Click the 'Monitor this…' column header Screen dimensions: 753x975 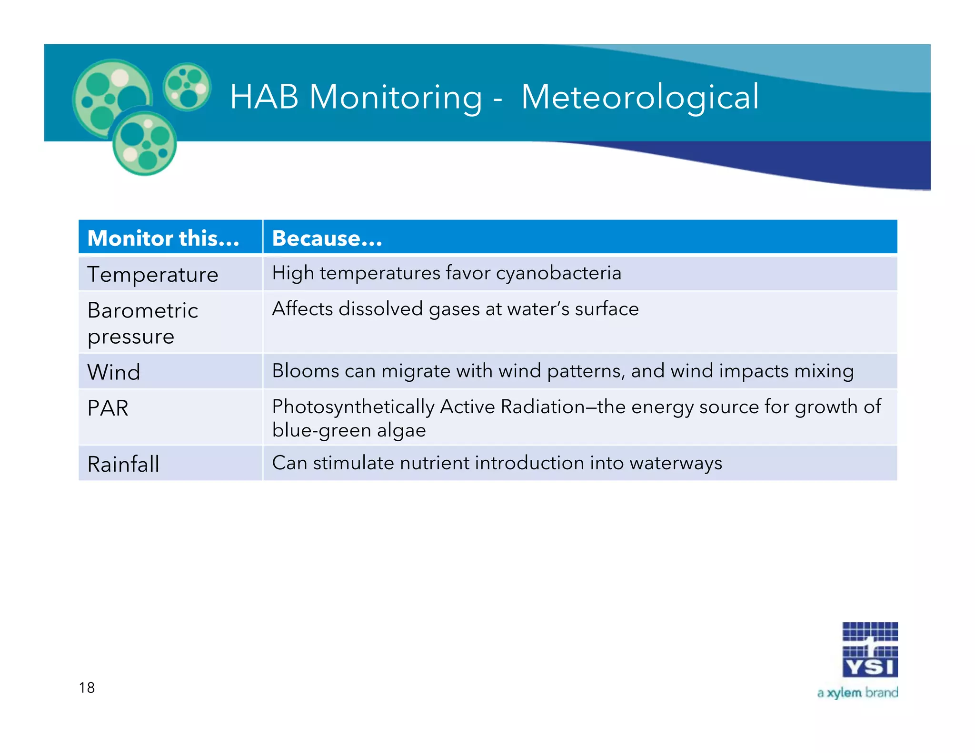(163, 238)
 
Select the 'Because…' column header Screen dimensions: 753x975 (327, 238)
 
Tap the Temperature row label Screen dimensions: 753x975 (153, 275)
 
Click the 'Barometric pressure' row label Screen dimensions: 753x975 (142, 323)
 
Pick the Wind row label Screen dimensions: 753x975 (114, 372)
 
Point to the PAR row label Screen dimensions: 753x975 (108, 408)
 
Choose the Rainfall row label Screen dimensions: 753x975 (123, 464)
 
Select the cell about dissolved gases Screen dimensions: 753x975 (455, 309)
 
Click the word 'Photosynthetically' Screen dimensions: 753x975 (353, 407)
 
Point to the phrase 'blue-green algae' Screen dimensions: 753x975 (349, 430)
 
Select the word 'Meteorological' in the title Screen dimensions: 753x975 (639, 97)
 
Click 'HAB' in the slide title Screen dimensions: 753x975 (264, 97)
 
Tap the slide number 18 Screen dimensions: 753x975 (87, 687)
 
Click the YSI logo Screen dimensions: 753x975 (870, 650)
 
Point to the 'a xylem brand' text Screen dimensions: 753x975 (857, 693)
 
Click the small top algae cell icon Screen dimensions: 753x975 (187, 87)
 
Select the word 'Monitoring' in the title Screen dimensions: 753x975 (396, 97)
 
